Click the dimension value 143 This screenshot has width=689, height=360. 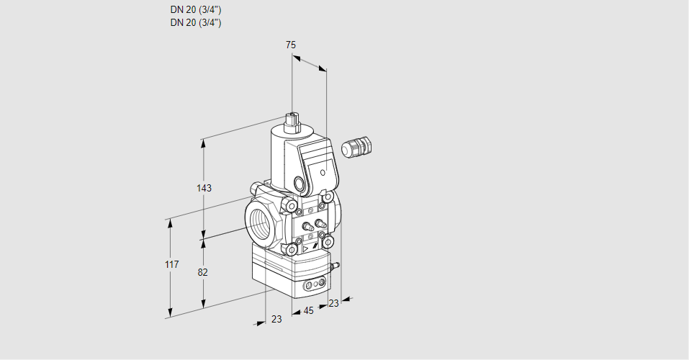click(x=204, y=188)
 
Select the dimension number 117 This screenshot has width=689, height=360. click(x=172, y=264)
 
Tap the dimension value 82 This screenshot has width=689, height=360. click(x=202, y=273)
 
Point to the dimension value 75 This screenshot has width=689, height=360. click(x=291, y=45)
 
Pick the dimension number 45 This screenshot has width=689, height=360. click(x=308, y=311)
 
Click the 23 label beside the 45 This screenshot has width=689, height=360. click(x=334, y=303)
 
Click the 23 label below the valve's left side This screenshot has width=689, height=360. click(x=276, y=319)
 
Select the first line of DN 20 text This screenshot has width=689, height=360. click(x=196, y=9)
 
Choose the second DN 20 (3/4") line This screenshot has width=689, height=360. click(x=196, y=23)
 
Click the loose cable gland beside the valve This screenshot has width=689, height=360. click(x=357, y=146)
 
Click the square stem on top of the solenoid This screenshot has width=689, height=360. click(x=292, y=122)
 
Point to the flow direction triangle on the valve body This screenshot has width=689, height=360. click(x=305, y=249)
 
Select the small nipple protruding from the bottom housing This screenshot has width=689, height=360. click(x=336, y=266)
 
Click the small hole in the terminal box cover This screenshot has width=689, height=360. click(x=323, y=172)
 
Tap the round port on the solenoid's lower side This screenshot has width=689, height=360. click(x=300, y=184)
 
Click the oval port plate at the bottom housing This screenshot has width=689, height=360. click(x=315, y=284)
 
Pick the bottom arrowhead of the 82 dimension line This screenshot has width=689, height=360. click(x=203, y=303)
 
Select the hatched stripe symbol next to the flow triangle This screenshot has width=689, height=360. click(x=315, y=247)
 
